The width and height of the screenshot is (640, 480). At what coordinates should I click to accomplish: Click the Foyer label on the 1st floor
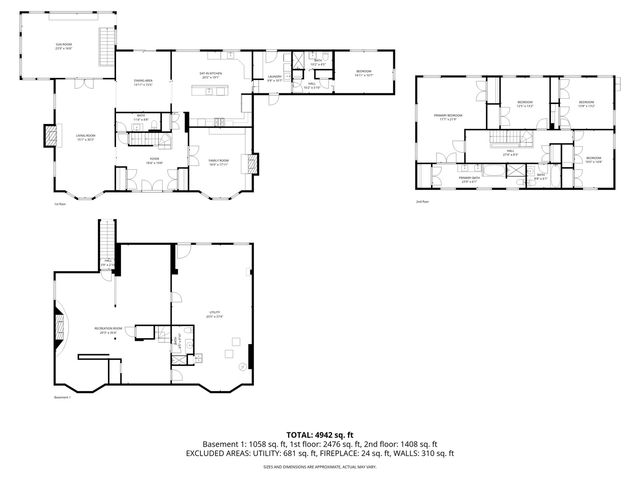click(x=155, y=158)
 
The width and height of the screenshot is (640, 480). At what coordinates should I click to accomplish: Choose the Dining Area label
click(x=142, y=81)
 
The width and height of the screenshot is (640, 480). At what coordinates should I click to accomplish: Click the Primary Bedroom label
click(x=447, y=117)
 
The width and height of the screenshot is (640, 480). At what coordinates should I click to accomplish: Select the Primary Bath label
click(x=469, y=179)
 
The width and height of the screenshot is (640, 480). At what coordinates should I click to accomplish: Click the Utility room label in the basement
click(x=214, y=314)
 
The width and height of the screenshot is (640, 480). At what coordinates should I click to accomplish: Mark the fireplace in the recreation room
click(x=58, y=326)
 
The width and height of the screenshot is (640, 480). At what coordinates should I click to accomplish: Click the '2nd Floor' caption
click(x=423, y=201)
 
